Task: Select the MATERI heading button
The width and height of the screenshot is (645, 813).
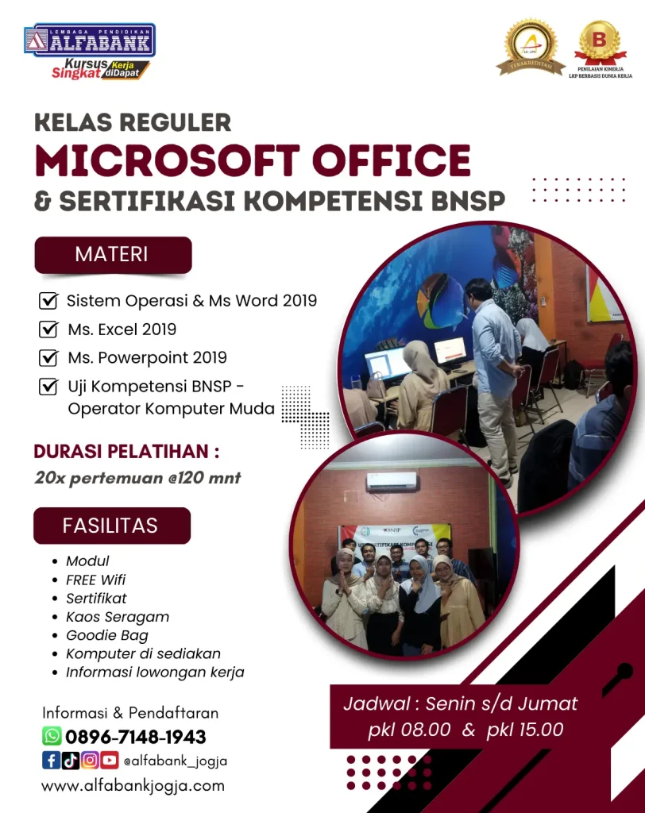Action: click(x=112, y=255)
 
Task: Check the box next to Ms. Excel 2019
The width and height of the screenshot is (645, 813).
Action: click(x=48, y=329)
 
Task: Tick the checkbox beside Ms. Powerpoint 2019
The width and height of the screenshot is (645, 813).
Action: click(x=48, y=357)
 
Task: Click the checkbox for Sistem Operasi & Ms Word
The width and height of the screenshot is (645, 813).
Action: click(x=48, y=301)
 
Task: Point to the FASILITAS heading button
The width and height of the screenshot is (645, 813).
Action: click(x=111, y=526)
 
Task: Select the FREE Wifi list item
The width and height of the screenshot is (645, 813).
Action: click(x=95, y=580)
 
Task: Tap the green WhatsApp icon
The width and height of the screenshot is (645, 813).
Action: click(x=52, y=736)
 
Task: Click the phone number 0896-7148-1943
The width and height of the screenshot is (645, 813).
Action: click(x=135, y=737)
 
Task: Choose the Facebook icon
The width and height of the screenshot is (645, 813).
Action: click(x=51, y=761)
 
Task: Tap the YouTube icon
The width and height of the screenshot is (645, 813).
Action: click(x=109, y=761)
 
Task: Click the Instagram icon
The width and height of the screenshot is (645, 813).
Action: click(x=90, y=761)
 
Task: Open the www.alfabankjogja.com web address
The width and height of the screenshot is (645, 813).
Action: click(x=133, y=786)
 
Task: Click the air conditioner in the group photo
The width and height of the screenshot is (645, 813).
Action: click(x=392, y=481)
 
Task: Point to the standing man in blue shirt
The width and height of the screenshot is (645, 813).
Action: click(x=494, y=373)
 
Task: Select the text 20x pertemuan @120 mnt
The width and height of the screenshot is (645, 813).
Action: click(x=137, y=478)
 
